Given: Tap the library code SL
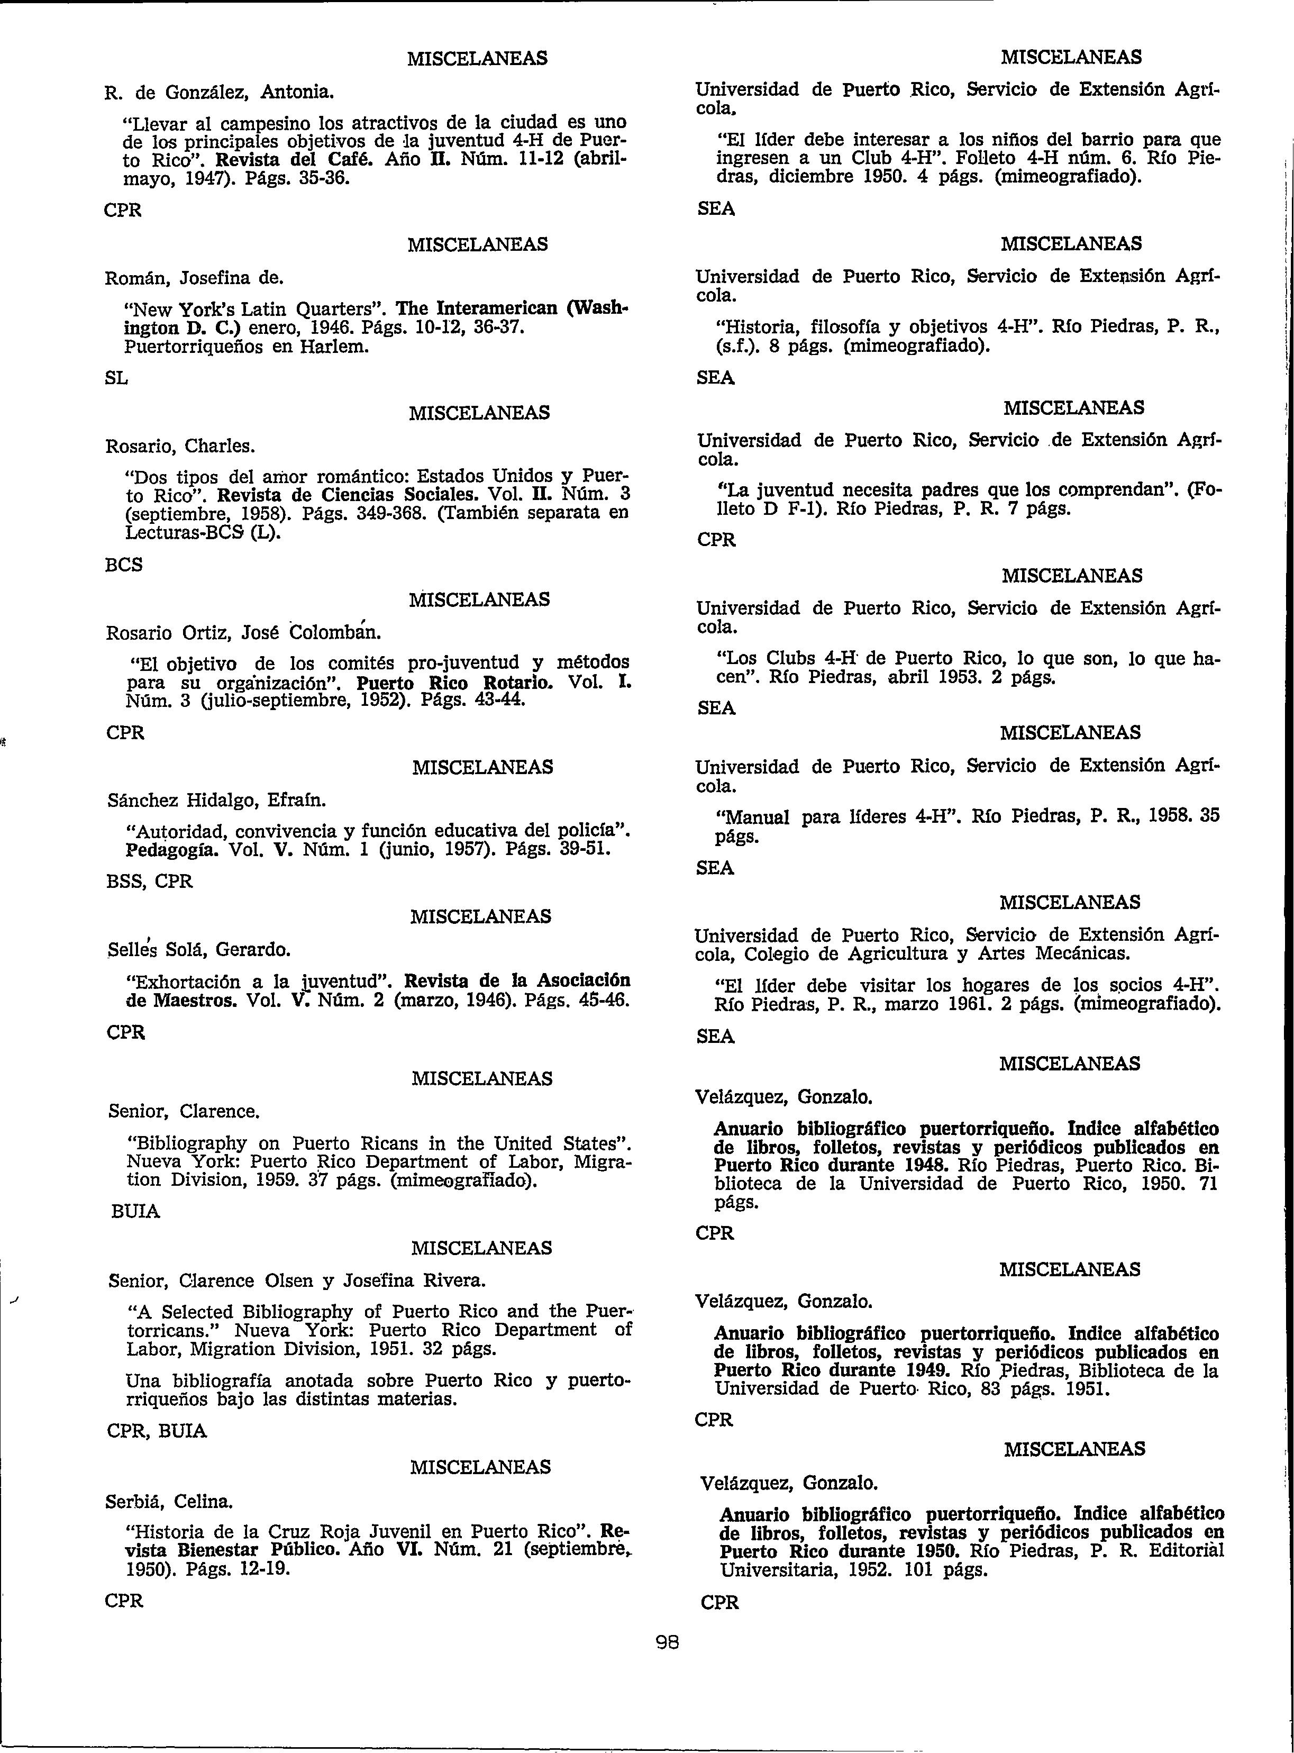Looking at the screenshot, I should click(116, 378).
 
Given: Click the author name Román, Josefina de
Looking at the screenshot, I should click(194, 278).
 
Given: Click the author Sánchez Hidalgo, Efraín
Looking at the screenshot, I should click(216, 801).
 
